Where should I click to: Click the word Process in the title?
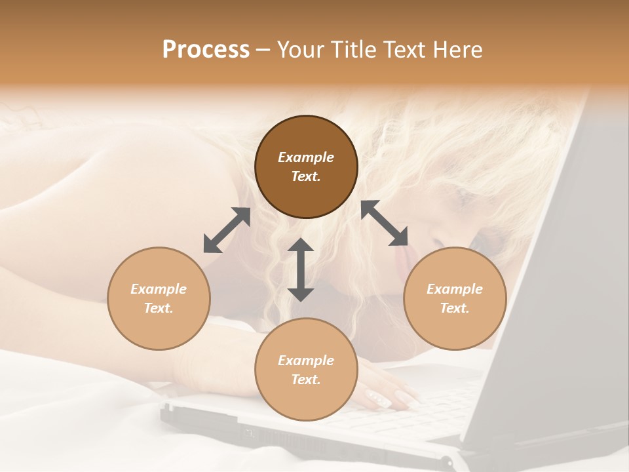tap(206, 50)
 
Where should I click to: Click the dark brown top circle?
tap(306, 167)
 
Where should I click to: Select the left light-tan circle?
tap(159, 298)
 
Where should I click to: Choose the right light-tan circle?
tap(455, 298)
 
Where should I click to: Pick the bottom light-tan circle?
tap(306, 370)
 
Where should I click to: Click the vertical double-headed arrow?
tap(301, 269)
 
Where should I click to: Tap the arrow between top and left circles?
tap(227, 230)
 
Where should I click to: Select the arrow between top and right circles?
tap(384, 223)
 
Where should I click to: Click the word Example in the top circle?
tap(306, 157)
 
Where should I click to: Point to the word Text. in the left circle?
tap(159, 308)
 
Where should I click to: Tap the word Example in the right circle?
tap(455, 289)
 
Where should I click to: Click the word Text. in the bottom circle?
tap(306, 380)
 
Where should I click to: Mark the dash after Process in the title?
tap(263, 50)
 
